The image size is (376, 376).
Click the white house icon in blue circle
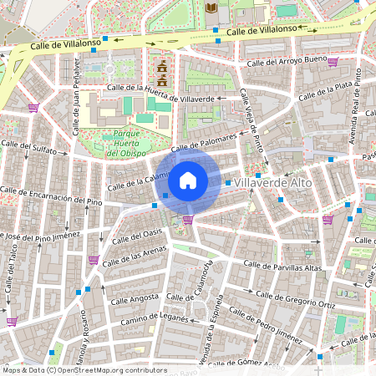click(188, 180)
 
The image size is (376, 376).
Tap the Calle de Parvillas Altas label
click(282, 267)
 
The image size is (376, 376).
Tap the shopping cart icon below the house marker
click(188, 220)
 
